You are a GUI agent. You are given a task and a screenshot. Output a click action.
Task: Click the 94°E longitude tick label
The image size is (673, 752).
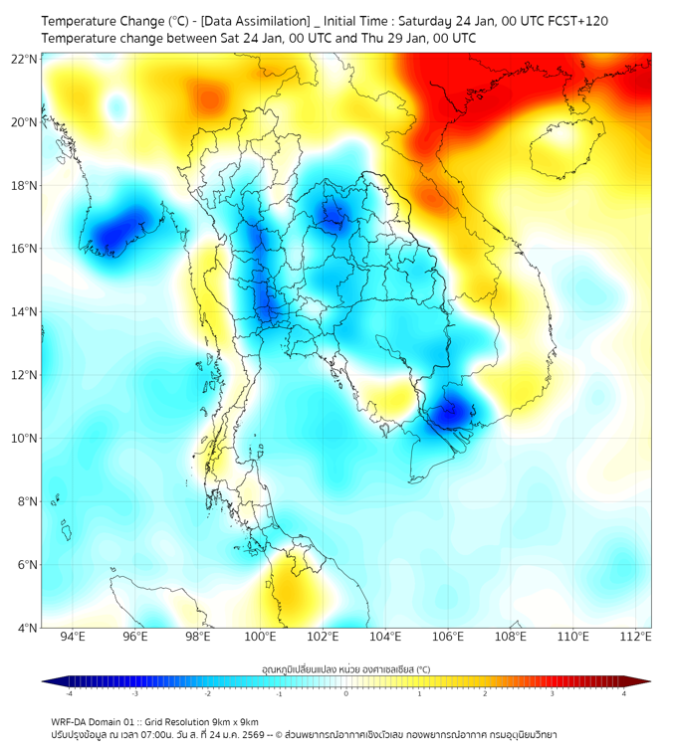[73, 637]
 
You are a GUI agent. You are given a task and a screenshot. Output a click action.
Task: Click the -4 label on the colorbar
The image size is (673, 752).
[69, 694]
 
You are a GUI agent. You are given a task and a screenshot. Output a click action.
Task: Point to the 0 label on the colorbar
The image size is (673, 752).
[346, 694]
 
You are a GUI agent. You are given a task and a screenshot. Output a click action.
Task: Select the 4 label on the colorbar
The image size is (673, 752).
[623, 694]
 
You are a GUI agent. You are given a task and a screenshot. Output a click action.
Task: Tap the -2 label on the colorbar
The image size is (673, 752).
[207, 694]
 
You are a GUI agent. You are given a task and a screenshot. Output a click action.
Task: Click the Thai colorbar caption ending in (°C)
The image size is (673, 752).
[345, 668]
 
